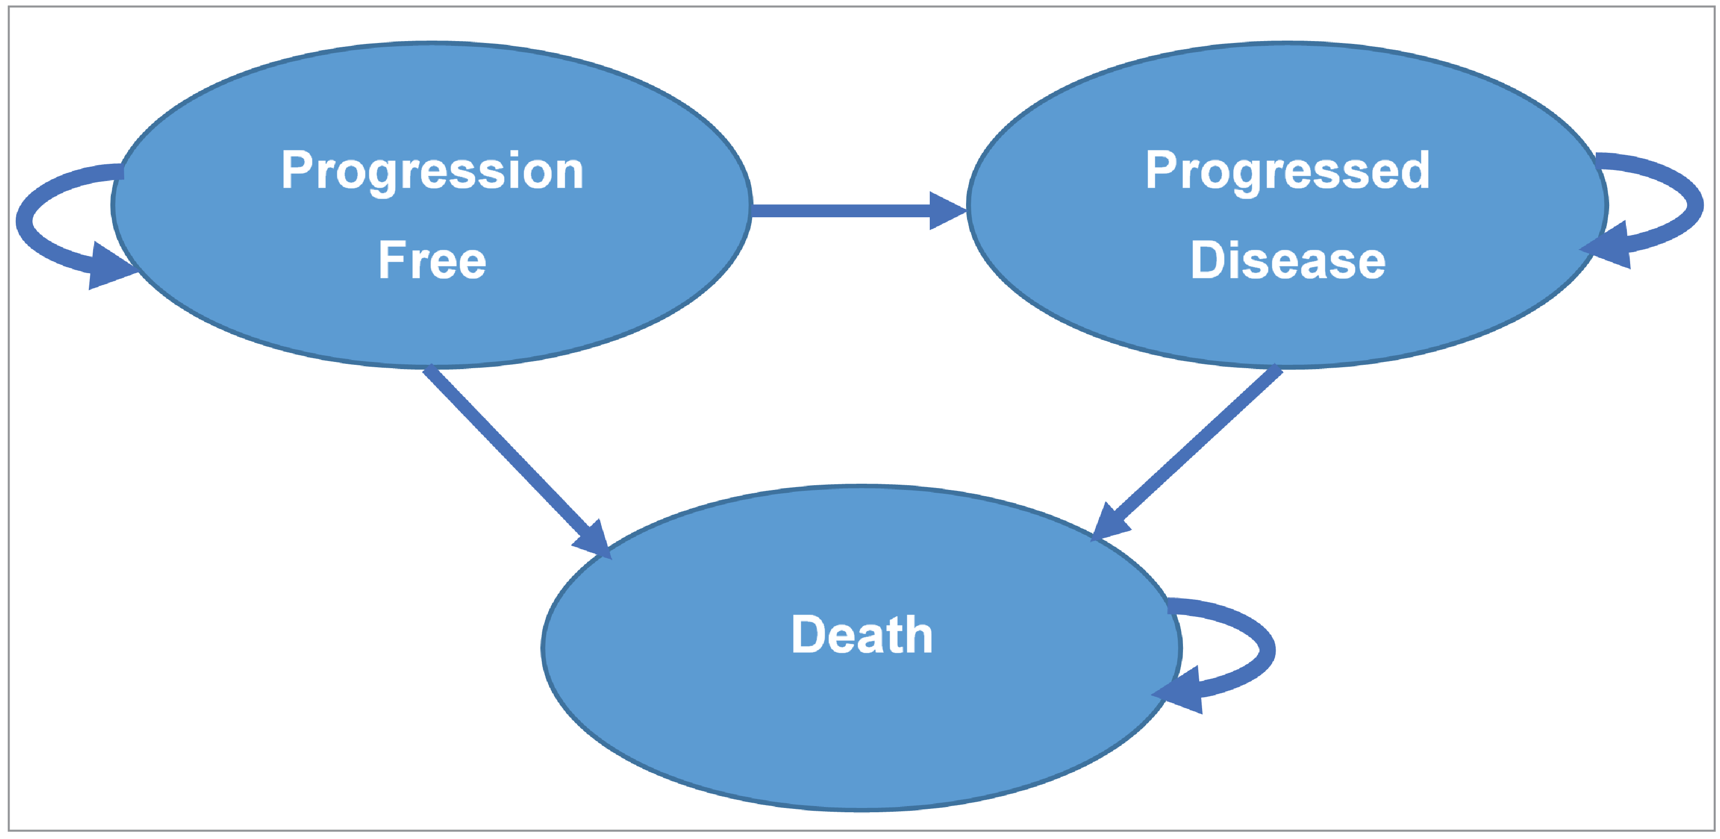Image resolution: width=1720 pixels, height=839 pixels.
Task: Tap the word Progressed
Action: pos(1287,171)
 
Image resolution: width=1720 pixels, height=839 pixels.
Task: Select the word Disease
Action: pos(1287,260)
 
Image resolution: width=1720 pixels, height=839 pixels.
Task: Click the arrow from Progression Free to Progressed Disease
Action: pos(841,211)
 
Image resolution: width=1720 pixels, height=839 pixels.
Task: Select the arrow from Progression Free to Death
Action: pos(507,454)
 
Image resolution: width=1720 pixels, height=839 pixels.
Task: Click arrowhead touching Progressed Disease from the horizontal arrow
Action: pos(947,211)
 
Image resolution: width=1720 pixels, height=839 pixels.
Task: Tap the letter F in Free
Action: pos(391,260)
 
